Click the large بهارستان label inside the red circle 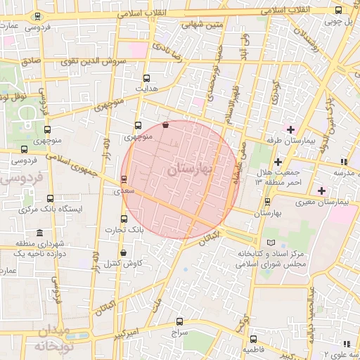coord(191,169)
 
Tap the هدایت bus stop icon coord(146,79)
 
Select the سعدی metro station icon coord(124,179)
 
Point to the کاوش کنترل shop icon coord(124,252)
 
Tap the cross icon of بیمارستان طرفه coord(290,129)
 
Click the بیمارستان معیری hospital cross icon coord(321,191)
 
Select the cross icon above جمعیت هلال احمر coord(278,162)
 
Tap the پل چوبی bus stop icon coord(338,10)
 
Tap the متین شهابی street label coord(205,25)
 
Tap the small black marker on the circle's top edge coord(165,125)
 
